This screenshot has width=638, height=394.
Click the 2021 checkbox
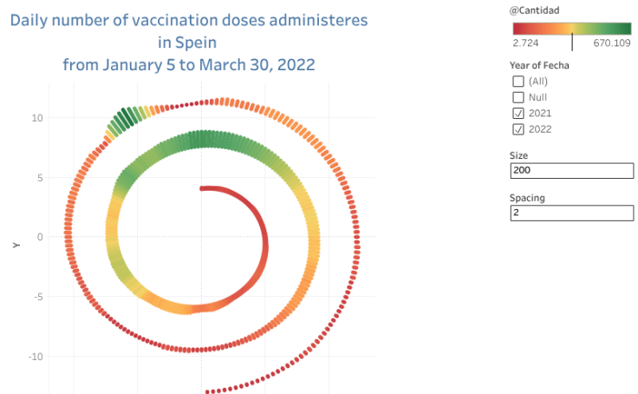pos(518,114)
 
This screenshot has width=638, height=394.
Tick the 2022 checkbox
pos(518,129)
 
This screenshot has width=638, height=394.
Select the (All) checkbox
pos(518,82)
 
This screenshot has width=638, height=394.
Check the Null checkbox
pos(518,97)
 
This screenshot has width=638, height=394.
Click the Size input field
pos(571,170)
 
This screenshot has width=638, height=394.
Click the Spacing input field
pos(571,213)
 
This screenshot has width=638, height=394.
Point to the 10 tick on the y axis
pos(36,117)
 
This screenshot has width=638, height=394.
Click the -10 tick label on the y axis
pos(35,357)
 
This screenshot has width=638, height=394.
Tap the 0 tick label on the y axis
pos(39,237)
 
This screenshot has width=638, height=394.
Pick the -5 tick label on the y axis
pos(36,297)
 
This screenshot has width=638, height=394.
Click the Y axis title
pos(16,246)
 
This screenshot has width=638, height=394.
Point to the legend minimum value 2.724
pos(526,42)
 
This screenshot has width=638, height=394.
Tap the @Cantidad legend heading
pos(535,10)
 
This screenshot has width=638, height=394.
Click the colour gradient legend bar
pos(571,26)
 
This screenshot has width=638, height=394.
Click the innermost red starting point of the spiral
pos(203,187)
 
